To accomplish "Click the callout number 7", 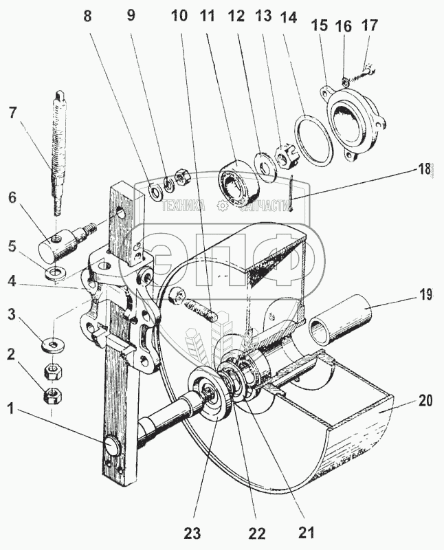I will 11,112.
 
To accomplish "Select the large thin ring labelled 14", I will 313,142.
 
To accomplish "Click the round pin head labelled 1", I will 112,446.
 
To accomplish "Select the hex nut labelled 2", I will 51,396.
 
